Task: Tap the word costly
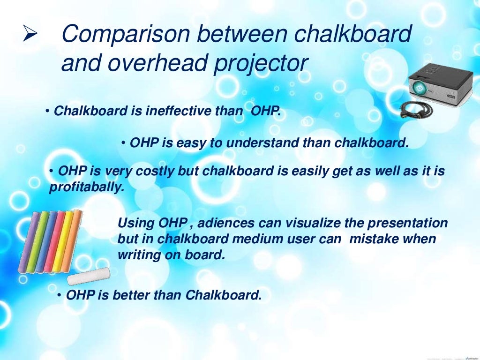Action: pyautogui.click(x=155, y=172)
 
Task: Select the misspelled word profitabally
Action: pyautogui.click(x=87, y=188)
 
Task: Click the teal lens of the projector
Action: pyautogui.click(x=420, y=87)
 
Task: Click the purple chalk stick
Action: pyautogui.click(x=30, y=241)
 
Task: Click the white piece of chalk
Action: pyautogui.click(x=88, y=276)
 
